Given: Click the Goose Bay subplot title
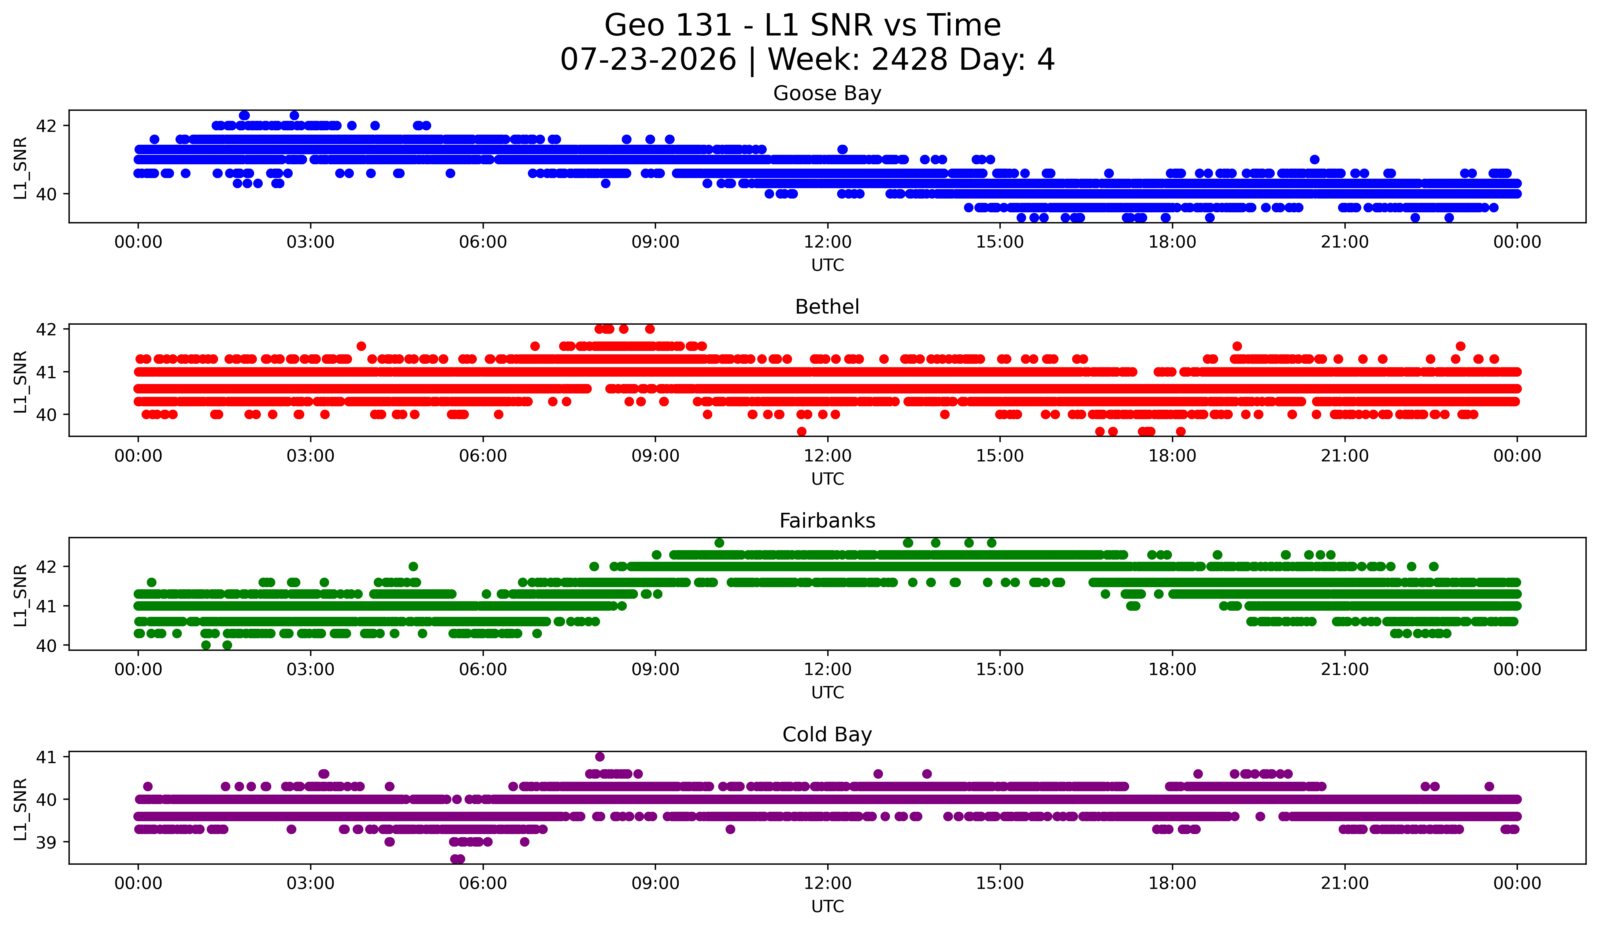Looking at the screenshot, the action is point(827,93).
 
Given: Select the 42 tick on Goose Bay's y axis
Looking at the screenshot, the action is point(46,125).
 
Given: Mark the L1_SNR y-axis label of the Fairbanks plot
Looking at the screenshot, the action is point(20,595).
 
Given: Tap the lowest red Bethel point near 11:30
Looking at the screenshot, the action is point(802,431).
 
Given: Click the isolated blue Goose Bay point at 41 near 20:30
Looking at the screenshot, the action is point(1314,159).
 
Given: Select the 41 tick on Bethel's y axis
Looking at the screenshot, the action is point(46,372).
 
